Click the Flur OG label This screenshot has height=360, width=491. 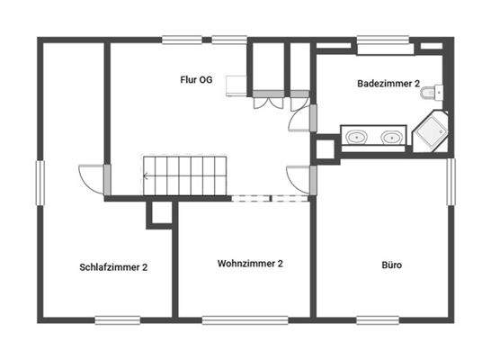195,79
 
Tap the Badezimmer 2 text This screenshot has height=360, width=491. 388,84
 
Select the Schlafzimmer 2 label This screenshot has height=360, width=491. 113,267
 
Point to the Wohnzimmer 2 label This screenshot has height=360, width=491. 250,264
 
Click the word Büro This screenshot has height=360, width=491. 391,266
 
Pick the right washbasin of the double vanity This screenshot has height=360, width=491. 390,138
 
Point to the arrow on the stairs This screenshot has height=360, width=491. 147,177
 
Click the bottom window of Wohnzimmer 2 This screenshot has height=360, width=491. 232,319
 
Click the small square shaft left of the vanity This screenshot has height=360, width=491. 324,150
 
